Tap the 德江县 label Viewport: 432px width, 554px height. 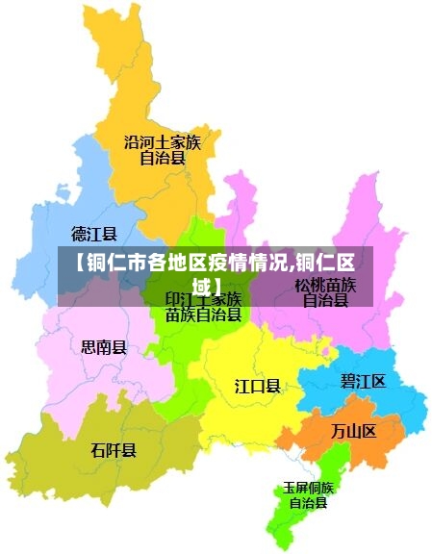point(94,234)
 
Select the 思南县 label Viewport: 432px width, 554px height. point(103,347)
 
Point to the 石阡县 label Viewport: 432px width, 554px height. point(114,450)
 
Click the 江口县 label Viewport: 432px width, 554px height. point(258,386)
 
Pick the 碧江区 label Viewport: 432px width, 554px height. point(363,382)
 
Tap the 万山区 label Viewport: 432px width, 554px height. point(353,430)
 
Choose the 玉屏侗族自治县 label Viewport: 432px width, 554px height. point(308,495)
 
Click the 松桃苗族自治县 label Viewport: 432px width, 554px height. point(325,292)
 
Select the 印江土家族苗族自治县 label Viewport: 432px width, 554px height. point(203,307)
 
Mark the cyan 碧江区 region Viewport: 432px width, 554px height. point(394,404)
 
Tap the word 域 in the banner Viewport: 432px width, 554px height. point(201,287)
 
